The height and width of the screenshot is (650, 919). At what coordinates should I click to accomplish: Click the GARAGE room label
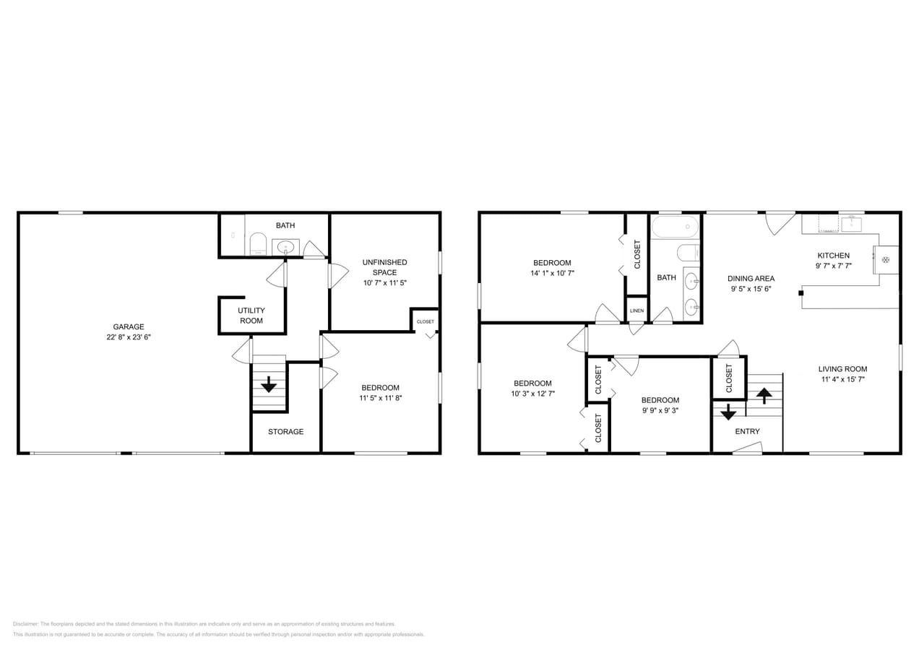[129, 327]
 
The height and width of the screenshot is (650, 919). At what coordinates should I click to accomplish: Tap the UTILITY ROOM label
[251, 316]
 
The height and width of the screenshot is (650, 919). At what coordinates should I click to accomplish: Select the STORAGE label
[286, 431]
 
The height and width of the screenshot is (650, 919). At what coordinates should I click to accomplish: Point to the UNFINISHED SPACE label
[384, 267]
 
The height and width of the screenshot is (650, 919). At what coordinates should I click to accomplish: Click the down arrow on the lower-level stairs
[269, 384]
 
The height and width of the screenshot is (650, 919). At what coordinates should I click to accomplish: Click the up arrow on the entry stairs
[764, 396]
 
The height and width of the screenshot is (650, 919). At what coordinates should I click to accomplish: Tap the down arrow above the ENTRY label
[728, 412]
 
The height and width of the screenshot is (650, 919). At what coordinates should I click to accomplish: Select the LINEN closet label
[637, 311]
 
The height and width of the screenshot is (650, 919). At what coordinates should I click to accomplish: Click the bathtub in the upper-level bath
[675, 227]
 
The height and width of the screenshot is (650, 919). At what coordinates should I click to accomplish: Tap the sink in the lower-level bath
[285, 247]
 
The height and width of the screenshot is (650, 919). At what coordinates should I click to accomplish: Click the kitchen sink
[851, 225]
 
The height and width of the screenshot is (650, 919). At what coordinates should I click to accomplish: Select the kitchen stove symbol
[886, 259]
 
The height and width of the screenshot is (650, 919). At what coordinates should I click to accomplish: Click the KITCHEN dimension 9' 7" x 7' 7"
[833, 266]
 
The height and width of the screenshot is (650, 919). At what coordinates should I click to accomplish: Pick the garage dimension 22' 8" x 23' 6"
[129, 337]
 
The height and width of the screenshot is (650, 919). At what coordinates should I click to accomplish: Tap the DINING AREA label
[751, 279]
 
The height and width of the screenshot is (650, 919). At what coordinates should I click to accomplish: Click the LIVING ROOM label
[842, 369]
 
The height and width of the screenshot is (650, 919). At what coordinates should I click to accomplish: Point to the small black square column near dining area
[801, 293]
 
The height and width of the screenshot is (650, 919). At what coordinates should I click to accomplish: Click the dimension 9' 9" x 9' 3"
[660, 410]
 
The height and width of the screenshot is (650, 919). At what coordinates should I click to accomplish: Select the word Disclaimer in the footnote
[25, 624]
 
